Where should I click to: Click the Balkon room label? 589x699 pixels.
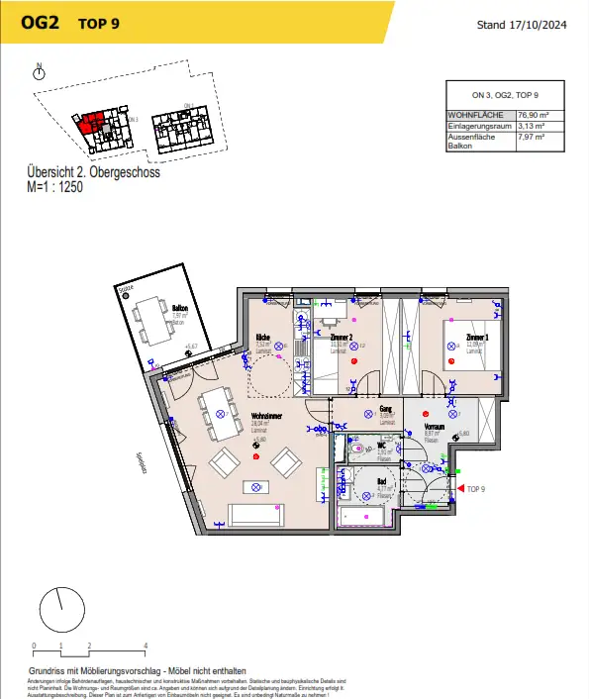(179, 308)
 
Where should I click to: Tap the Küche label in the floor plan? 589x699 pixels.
(263, 338)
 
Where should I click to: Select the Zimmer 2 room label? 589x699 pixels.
(342, 338)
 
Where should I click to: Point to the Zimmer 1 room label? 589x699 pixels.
(478, 339)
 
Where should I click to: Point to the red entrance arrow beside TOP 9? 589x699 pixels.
(459, 489)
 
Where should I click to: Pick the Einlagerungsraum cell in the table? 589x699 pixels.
(479, 127)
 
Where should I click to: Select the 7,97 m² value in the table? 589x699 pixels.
(534, 138)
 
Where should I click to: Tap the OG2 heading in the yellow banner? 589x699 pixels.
(38, 23)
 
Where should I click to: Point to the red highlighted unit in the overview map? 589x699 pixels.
(90, 124)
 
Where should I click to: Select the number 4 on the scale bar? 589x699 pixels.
(146, 645)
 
